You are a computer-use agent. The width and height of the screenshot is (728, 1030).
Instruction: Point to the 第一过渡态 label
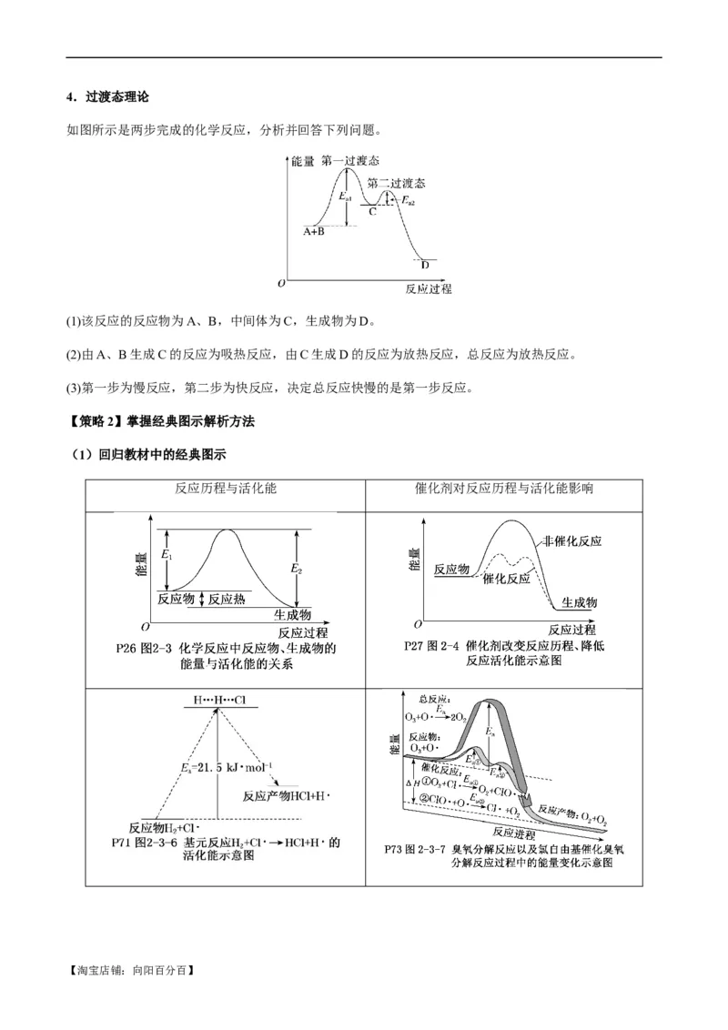coord(350,160)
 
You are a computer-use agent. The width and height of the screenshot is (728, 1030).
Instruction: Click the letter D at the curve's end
coord(424,265)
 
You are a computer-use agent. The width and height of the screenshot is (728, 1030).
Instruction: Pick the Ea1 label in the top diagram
coord(345,197)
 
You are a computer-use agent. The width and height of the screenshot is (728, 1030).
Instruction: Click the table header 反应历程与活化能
coord(225,488)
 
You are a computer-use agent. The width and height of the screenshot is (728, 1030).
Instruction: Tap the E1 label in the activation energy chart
coord(166,554)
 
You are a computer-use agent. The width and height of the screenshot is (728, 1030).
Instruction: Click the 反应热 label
coord(227,599)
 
